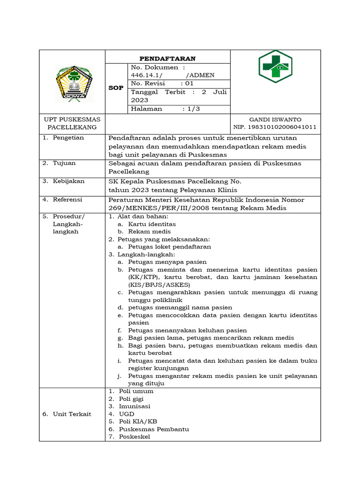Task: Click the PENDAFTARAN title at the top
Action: click(x=167, y=58)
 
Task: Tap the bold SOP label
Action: click(x=116, y=88)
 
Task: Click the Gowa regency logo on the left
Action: click(x=75, y=83)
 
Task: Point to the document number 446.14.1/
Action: click(x=147, y=75)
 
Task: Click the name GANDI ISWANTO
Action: click(x=275, y=120)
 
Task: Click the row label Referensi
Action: click(x=67, y=199)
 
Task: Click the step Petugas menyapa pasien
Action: click(x=167, y=262)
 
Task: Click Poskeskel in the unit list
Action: click(x=134, y=436)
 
